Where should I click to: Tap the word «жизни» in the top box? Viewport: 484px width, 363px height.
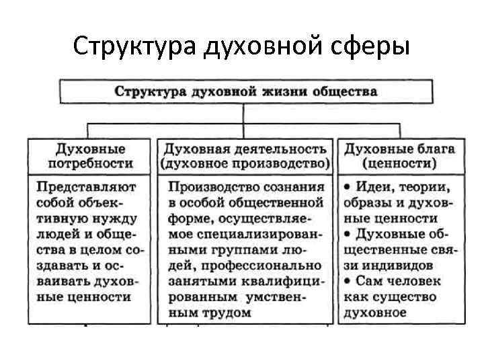coord(280,91)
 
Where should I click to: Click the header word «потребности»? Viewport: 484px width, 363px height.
coord(90,163)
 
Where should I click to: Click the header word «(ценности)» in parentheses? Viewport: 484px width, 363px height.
coord(399,163)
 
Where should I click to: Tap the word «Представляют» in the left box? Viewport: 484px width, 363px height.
coord(86,186)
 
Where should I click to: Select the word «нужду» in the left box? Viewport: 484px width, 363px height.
coord(114,218)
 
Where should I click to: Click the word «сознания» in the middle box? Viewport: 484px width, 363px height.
coord(294,186)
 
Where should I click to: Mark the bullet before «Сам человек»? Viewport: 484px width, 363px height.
coord(346,280)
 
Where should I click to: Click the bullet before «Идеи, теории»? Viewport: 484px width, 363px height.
coord(346,186)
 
